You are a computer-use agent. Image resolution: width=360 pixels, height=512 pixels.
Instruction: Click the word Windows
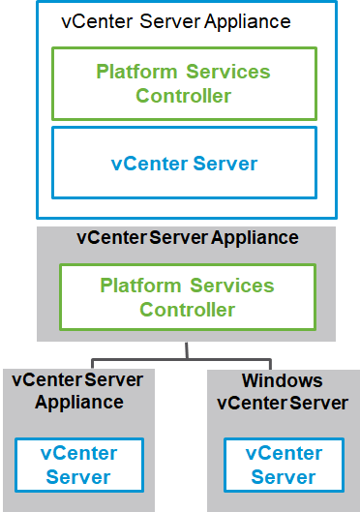click(283, 380)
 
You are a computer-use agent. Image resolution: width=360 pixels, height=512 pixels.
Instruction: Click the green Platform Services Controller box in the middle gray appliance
click(187, 297)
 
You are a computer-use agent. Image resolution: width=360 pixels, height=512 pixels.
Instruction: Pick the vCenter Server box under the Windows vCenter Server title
click(283, 466)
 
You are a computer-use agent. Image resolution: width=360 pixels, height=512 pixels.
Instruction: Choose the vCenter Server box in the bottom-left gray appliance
click(79, 466)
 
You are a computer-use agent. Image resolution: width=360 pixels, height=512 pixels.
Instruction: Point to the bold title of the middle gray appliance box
click(187, 237)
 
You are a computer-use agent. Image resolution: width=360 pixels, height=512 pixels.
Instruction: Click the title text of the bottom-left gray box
click(79, 391)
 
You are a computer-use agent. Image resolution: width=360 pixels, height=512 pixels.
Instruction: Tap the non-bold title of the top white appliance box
click(175, 20)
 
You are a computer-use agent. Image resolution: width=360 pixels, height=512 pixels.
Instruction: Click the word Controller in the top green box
click(184, 96)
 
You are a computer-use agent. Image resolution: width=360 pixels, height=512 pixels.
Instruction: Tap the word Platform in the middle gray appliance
click(141, 286)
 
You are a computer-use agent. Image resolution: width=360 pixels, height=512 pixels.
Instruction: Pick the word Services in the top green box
click(229, 73)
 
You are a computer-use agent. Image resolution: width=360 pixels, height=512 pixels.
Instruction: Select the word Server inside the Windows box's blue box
click(283, 477)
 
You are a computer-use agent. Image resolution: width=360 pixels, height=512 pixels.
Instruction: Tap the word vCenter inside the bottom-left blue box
click(79, 454)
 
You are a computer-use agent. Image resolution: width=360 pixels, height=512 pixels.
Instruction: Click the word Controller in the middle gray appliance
click(187, 310)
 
